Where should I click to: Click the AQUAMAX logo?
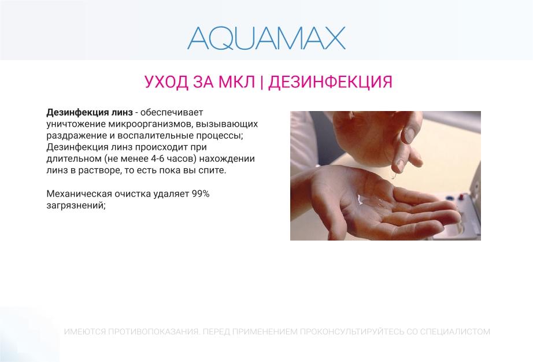click(266, 38)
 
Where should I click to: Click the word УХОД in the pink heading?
click(166, 82)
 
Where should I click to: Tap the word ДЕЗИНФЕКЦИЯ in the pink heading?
click(330, 82)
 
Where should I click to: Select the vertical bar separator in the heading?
click(262, 82)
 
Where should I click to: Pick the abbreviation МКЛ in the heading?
click(236, 82)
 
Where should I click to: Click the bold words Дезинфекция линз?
click(90, 112)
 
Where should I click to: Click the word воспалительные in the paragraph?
click(155, 136)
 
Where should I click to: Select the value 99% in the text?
click(201, 194)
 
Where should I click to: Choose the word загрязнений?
click(76, 206)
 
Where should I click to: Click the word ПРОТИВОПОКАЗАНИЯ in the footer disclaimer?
click(153, 331)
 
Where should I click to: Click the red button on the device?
click(462, 197)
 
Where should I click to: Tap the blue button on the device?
click(449, 198)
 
